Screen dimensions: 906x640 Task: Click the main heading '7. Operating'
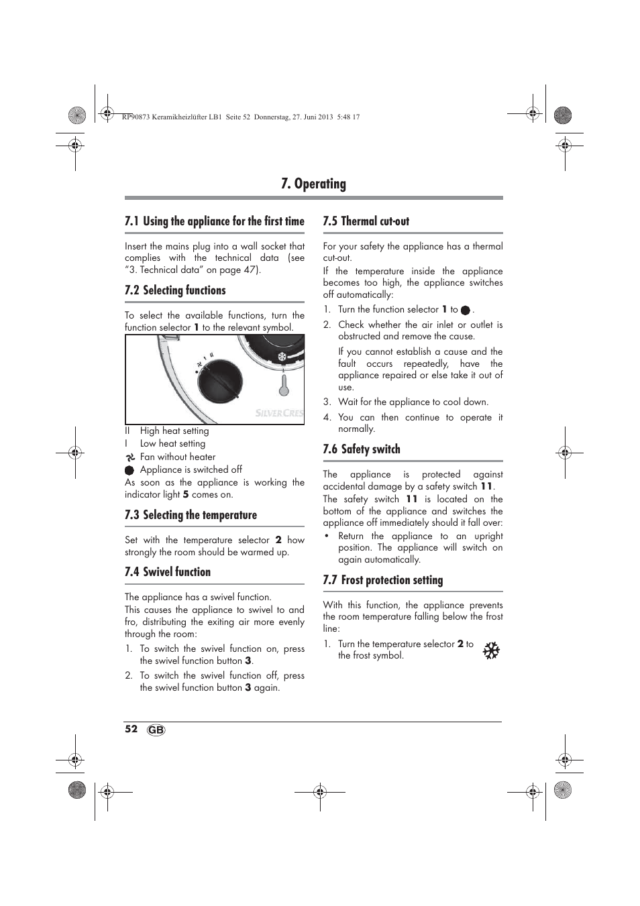313,184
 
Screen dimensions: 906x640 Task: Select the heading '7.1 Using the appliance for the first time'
214,221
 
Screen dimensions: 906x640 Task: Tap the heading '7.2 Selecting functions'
175,290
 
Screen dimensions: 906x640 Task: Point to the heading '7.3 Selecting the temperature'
191,515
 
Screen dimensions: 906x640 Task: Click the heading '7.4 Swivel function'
168,572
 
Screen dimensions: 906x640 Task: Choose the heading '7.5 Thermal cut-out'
366,221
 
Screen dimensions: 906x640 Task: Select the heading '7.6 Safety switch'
361,449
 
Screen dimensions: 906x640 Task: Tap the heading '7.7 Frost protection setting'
382,580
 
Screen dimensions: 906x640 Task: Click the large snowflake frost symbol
491,650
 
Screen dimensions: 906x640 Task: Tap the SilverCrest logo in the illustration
279,414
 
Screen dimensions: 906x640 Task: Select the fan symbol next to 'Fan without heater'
130,457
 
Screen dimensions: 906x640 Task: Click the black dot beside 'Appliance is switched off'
129,470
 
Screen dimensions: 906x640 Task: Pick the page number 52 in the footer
131,729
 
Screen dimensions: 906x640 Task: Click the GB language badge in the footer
156,730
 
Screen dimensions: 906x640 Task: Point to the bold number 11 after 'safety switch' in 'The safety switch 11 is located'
411,499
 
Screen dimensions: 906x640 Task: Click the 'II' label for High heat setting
127,431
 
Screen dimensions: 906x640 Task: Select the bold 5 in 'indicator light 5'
186,495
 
